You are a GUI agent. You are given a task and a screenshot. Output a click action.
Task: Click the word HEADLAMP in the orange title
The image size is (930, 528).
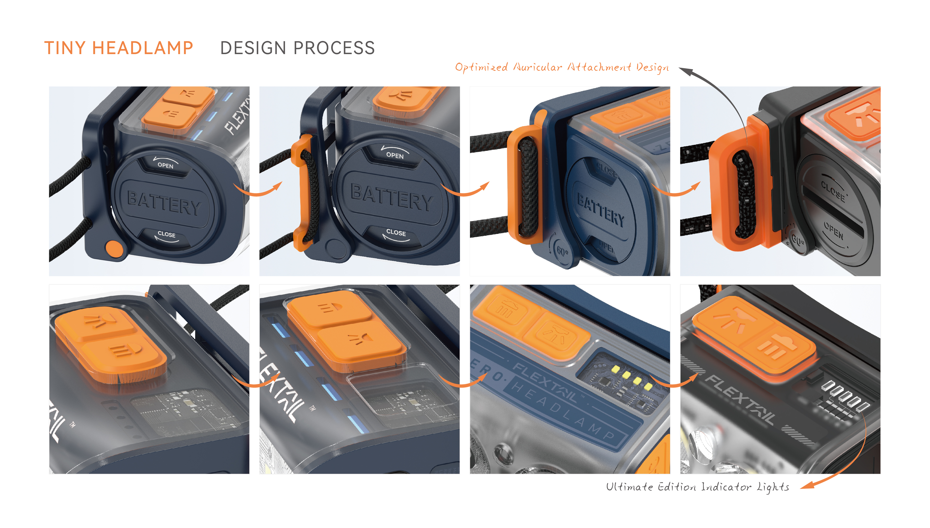click(x=142, y=48)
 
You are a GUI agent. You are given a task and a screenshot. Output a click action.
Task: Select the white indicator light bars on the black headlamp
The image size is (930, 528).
click(x=845, y=395)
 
